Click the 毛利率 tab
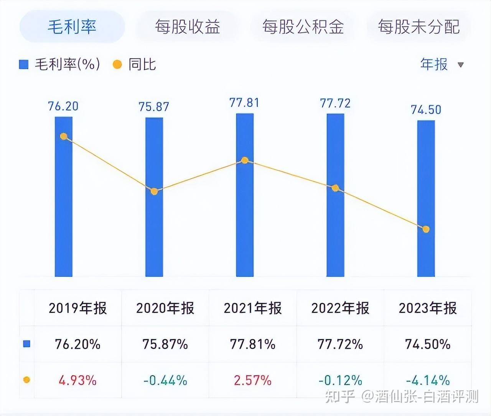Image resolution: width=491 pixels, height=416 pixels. [72, 27]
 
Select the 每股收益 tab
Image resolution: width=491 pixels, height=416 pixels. [187, 27]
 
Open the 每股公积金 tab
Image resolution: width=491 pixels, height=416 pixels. [303, 27]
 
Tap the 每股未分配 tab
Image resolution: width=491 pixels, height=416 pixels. [419, 27]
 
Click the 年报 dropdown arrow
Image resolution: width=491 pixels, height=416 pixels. [461, 65]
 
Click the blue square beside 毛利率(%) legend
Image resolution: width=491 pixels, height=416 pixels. [24, 64]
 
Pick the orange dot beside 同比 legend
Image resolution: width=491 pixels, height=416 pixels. [117, 64]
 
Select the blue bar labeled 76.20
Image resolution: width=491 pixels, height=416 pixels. [64, 207]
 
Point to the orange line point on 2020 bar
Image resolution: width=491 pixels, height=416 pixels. [154, 191]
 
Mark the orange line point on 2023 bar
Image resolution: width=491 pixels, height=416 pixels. [426, 229]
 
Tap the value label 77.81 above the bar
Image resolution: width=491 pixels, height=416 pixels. [244, 103]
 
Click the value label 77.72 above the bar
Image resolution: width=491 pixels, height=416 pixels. [335, 103]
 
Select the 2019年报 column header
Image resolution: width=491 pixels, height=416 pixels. [77, 308]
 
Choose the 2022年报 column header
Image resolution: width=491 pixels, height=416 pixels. [340, 308]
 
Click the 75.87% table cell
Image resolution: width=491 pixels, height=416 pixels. [165, 344]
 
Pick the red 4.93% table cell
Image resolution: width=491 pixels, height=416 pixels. [77, 380]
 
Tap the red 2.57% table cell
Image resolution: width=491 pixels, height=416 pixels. [252, 380]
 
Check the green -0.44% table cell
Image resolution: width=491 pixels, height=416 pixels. [165, 380]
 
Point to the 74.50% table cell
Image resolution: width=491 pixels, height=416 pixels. [428, 344]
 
